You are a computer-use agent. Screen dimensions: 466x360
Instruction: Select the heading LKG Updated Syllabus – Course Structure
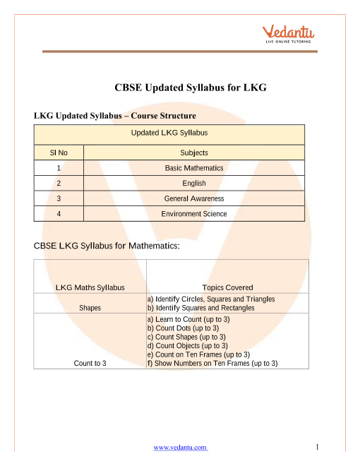[x=114, y=115]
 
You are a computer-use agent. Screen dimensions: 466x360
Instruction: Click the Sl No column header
[x=58, y=152]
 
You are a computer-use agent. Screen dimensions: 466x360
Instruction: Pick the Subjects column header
[x=194, y=152]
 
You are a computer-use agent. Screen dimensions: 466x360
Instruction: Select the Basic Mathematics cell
[x=194, y=168]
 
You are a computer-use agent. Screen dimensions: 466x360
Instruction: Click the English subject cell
[x=194, y=184]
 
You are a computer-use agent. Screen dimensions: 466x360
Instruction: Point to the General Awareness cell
[x=194, y=199]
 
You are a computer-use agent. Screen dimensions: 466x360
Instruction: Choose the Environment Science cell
[x=194, y=214]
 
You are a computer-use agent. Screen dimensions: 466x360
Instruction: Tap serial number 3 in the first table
[x=58, y=199]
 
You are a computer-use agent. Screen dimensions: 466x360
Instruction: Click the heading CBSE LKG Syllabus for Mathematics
[x=107, y=246]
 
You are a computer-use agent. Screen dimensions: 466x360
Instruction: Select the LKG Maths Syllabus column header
[x=90, y=287]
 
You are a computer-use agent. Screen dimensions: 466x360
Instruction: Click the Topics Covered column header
[x=227, y=287]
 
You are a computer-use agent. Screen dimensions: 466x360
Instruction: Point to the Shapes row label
[x=90, y=309]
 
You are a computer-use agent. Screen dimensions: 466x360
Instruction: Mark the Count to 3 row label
[x=90, y=364]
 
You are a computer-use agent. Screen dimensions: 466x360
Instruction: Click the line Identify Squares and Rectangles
[x=201, y=309]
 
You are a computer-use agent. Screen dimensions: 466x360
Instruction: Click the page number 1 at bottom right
[x=318, y=446]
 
